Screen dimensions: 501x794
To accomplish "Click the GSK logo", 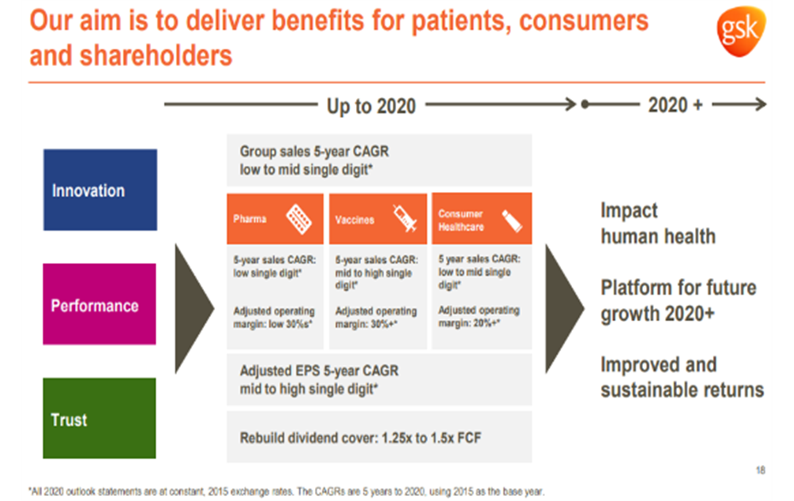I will tap(739, 32).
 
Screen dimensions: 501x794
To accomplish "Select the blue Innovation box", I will tap(100, 189).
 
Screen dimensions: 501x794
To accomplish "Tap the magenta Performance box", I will tap(100, 304).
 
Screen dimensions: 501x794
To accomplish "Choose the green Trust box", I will tap(100, 418).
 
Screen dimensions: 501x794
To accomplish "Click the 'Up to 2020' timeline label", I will tap(371, 106).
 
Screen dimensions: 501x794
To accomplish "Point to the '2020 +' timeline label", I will tap(674, 105).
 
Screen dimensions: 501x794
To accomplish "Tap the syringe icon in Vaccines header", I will tap(403, 218).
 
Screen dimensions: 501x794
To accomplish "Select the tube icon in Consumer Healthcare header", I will tap(511, 218).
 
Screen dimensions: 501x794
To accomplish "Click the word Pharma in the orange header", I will tap(250, 219).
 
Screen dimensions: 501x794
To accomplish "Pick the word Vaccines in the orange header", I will tap(354, 219).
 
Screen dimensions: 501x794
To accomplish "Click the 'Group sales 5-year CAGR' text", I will tap(313, 152).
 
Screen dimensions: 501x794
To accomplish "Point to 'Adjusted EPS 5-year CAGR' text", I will tap(318, 371).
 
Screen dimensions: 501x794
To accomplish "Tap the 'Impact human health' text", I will tap(657, 223).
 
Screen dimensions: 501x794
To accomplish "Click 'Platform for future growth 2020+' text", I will tap(678, 300).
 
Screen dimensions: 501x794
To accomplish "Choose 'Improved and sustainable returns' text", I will tap(681, 377).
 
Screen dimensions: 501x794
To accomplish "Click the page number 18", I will tap(760, 470).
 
